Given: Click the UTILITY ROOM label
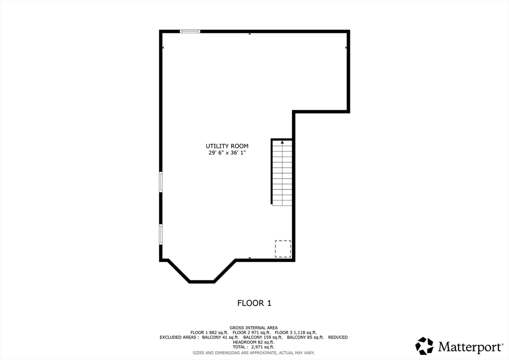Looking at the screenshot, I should click(x=227, y=146).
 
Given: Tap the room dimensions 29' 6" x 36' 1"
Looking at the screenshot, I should click(x=227, y=153).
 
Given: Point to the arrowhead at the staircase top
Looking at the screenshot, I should click(x=282, y=142).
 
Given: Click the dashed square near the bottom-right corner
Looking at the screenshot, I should click(x=283, y=249).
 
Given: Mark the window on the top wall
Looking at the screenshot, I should click(x=190, y=31).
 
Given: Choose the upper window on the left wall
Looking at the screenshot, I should click(x=161, y=182).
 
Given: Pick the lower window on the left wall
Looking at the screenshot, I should click(x=161, y=234).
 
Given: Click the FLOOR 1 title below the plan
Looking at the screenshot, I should click(x=254, y=303).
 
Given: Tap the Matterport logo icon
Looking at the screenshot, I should click(x=424, y=346).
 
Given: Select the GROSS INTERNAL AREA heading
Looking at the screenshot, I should click(x=254, y=328).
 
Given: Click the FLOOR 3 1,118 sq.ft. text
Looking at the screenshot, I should click(x=296, y=333).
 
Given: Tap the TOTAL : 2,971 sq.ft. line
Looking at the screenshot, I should click(x=254, y=347).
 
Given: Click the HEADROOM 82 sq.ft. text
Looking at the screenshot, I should click(x=254, y=342).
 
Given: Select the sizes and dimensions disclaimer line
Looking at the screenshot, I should click(x=254, y=353).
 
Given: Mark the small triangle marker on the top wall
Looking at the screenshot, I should click(x=250, y=34).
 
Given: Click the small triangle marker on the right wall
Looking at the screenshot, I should click(x=346, y=48).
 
